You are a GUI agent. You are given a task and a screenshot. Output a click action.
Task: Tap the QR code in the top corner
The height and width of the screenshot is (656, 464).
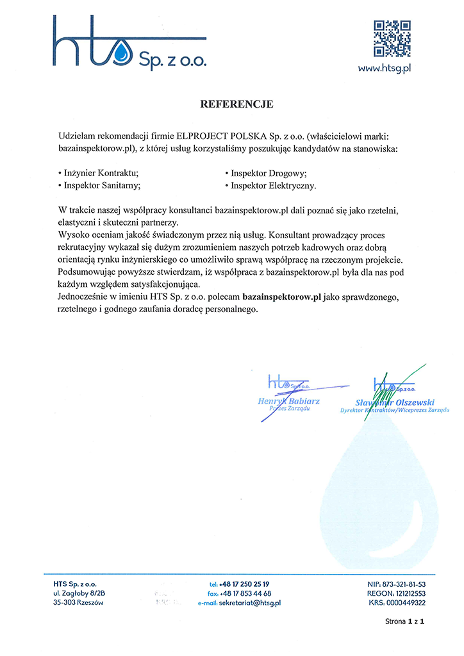tap(392, 38)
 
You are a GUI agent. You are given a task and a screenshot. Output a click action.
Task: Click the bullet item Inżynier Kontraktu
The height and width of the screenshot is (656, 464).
tap(100, 173)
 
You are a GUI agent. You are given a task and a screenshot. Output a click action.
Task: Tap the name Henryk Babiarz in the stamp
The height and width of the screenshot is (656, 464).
tap(288, 401)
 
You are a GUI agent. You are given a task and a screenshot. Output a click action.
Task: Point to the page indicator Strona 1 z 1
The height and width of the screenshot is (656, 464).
tap(405, 621)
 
